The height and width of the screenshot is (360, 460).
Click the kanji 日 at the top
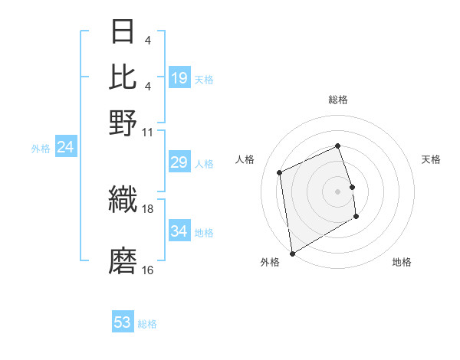coord(123,34)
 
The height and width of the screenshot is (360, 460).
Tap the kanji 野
coord(123,122)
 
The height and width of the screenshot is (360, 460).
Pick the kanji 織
coord(123,201)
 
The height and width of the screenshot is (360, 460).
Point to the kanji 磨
coord(123,260)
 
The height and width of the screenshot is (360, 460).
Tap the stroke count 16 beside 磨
coord(148,270)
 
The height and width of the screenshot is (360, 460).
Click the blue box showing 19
coord(179,78)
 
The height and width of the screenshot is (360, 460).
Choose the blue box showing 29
coord(179,163)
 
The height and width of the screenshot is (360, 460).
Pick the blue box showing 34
coord(179,231)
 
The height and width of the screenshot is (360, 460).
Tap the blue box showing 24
coord(65,148)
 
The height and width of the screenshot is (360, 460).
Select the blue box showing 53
coord(123,322)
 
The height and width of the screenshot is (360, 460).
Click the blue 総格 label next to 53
coord(147,324)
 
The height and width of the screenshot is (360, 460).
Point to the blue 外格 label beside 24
coord(41,149)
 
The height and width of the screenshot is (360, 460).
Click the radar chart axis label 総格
coord(338,100)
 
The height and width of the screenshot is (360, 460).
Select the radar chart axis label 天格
coord(432,159)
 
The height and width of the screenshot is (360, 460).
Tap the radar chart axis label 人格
coord(245,159)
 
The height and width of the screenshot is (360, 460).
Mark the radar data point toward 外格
coord(292,253)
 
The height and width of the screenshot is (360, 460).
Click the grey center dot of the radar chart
coord(338,191)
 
